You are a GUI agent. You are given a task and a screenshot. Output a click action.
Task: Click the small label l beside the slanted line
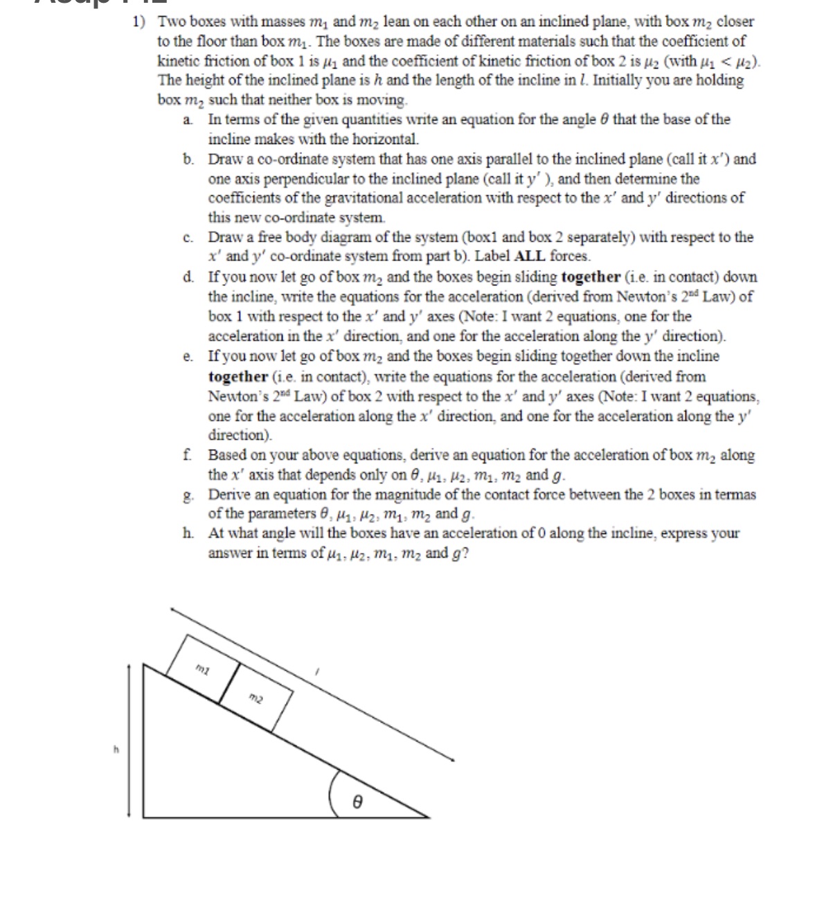coord(316,672)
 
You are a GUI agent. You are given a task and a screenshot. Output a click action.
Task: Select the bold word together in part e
coord(238,377)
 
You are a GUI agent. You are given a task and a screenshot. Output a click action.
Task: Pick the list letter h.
coord(188,534)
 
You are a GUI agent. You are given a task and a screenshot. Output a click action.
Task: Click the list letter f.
coord(188,456)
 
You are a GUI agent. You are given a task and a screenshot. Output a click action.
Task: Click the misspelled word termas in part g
coord(735,495)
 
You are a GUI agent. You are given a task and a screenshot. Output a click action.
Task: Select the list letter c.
coord(188,238)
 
